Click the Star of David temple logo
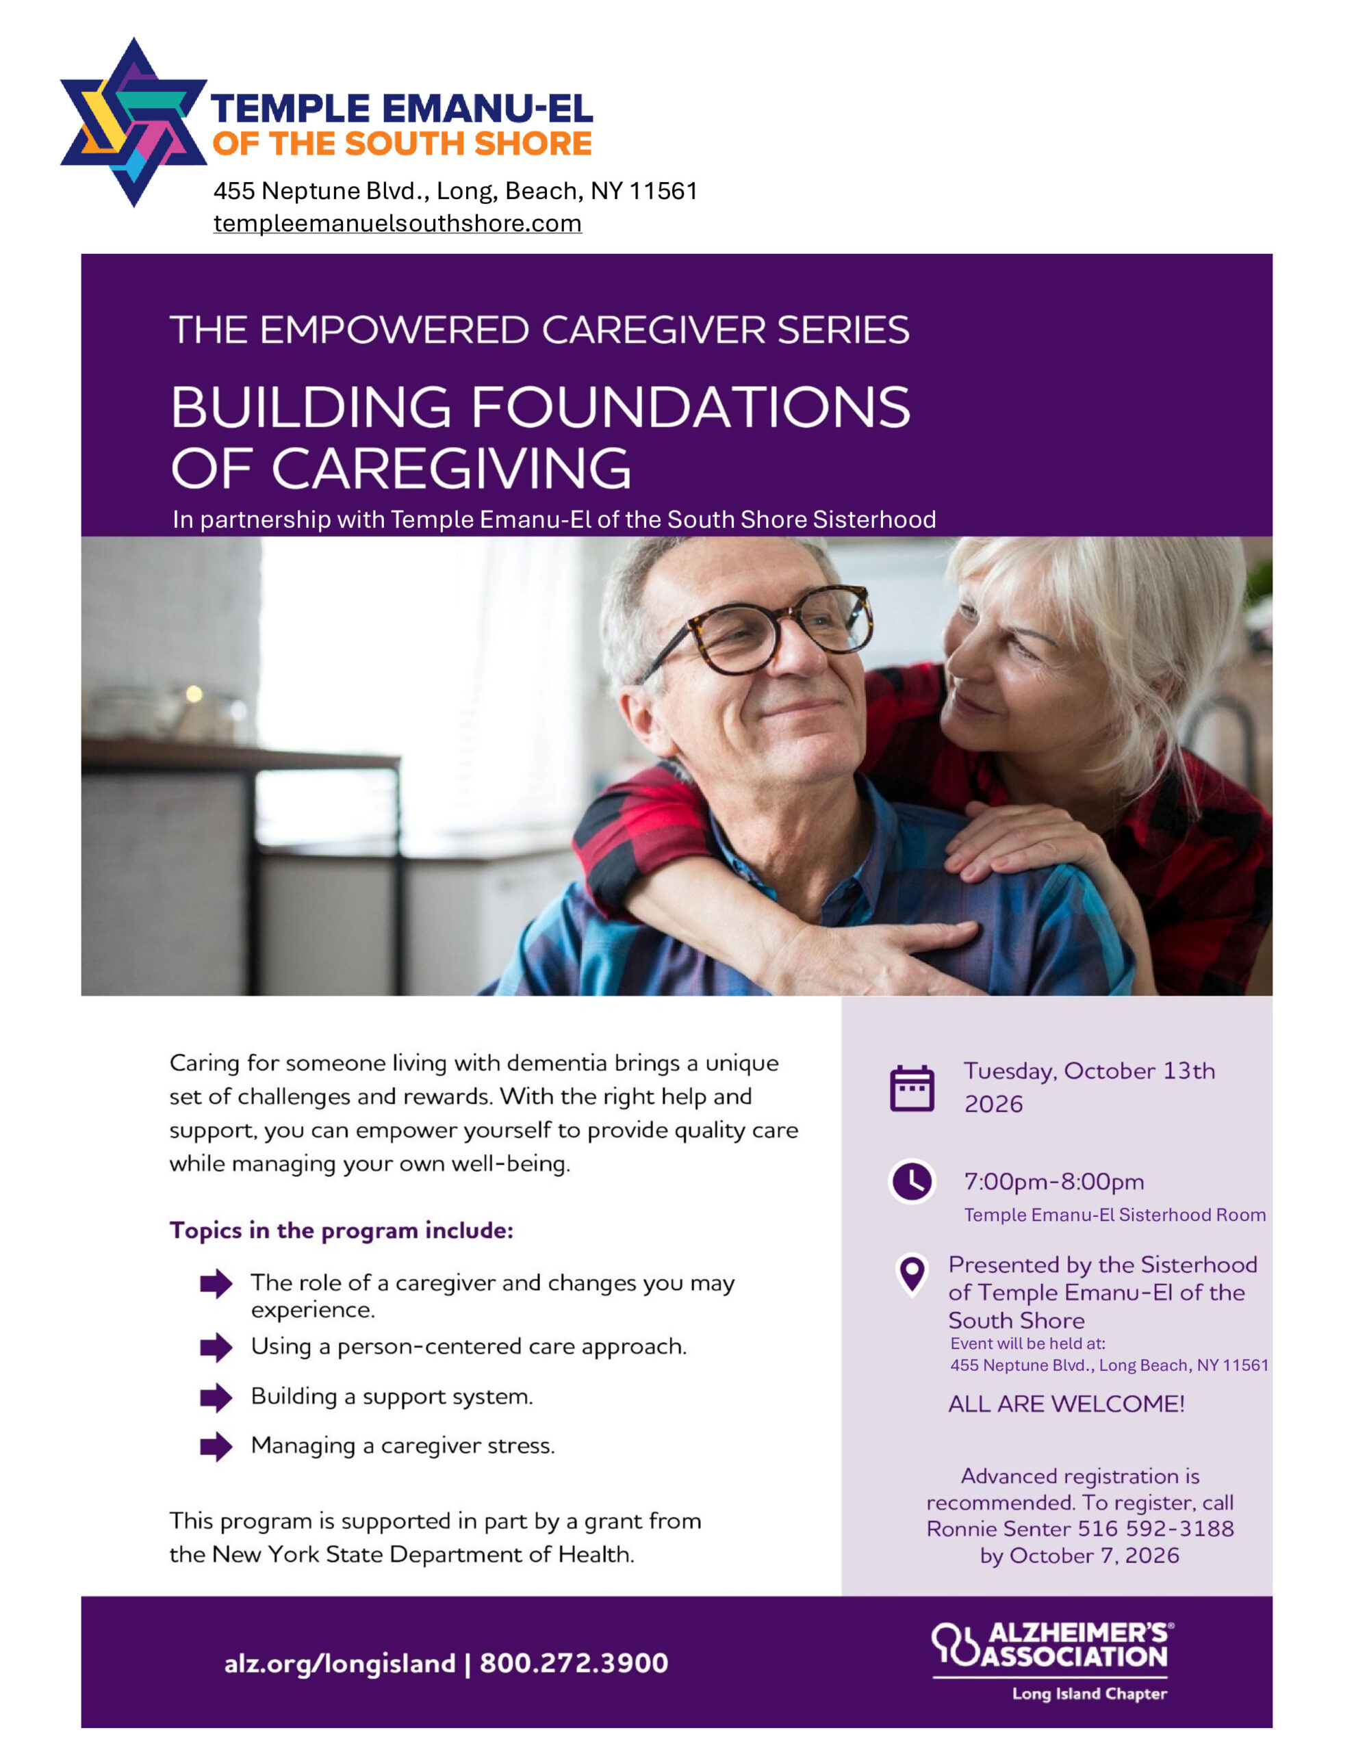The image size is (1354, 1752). pos(134,122)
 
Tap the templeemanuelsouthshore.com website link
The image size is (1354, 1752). pos(397,223)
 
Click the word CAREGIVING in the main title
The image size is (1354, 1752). pos(451,469)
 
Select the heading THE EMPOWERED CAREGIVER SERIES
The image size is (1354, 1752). pos(539,330)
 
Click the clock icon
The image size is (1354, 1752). pos(912,1182)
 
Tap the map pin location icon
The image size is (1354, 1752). pos(912,1276)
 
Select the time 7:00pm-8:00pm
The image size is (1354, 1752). pos(1053,1182)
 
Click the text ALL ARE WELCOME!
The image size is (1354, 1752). pos(1066,1404)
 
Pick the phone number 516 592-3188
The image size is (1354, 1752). pos(1155,1529)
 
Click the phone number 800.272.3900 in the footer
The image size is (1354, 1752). pos(574,1663)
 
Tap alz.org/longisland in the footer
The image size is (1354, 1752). pos(340,1664)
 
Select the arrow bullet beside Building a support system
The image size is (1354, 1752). pos(216,1397)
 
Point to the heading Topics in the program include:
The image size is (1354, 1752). pos(341,1231)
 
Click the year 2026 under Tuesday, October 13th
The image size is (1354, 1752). pos(994,1105)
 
